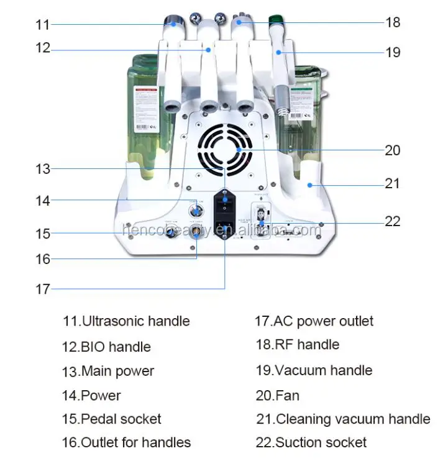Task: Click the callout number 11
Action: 42,24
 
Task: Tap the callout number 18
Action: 393,22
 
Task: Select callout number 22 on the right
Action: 393,221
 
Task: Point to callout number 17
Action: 42,289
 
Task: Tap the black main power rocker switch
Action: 225,203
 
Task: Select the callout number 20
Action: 393,150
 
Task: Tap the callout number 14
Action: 42,201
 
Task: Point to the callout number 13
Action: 42,168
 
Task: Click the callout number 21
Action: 393,184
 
